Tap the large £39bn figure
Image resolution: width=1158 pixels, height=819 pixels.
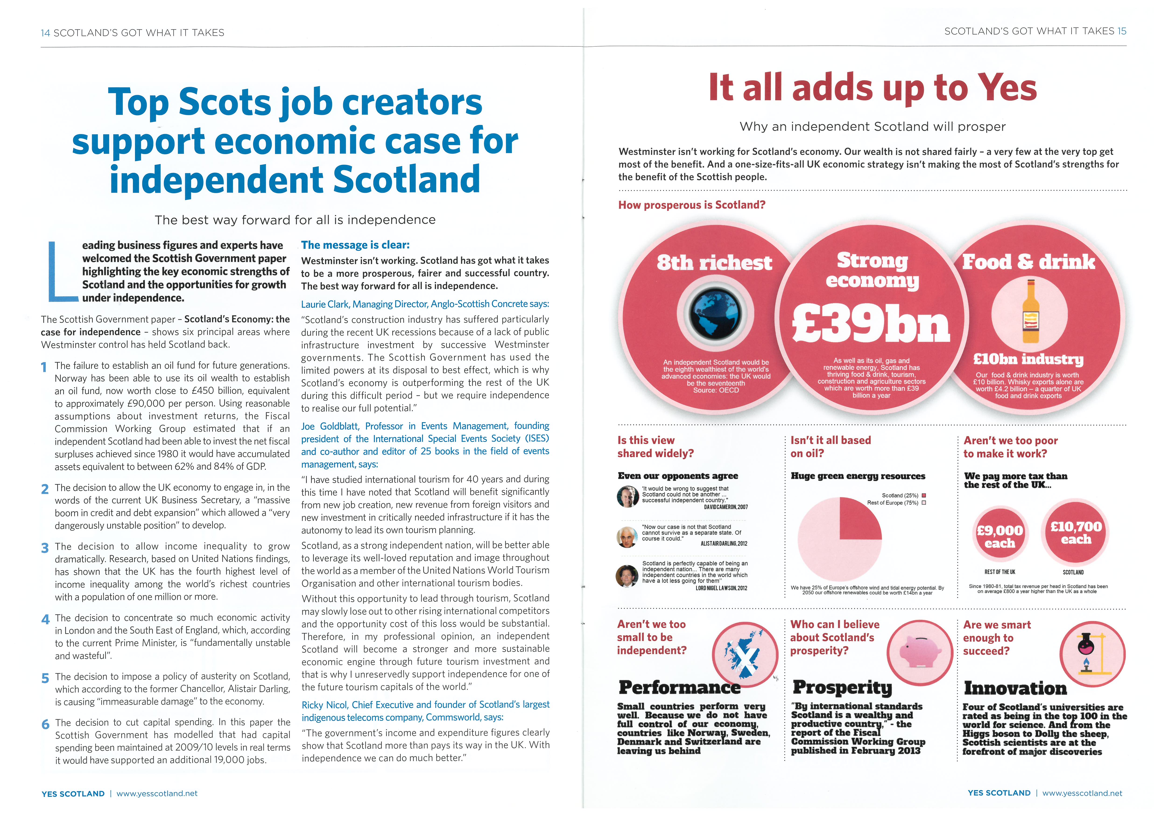pyautogui.click(x=871, y=325)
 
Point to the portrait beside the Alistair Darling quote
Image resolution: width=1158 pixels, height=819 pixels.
pyautogui.click(x=627, y=537)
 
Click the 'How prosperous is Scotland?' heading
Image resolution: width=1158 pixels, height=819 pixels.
pyautogui.click(x=691, y=205)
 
